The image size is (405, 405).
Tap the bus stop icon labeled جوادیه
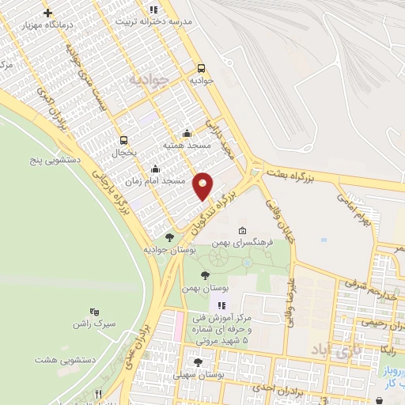click(201, 68)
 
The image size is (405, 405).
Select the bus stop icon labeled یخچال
click(123, 139)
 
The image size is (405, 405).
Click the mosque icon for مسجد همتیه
click(187, 133)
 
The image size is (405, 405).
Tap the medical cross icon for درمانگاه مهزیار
click(49, 13)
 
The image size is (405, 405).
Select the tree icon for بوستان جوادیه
click(169, 237)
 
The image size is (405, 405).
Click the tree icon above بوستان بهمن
click(205, 275)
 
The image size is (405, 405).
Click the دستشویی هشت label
click(65, 359)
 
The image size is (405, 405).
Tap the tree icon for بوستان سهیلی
click(198, 362)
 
